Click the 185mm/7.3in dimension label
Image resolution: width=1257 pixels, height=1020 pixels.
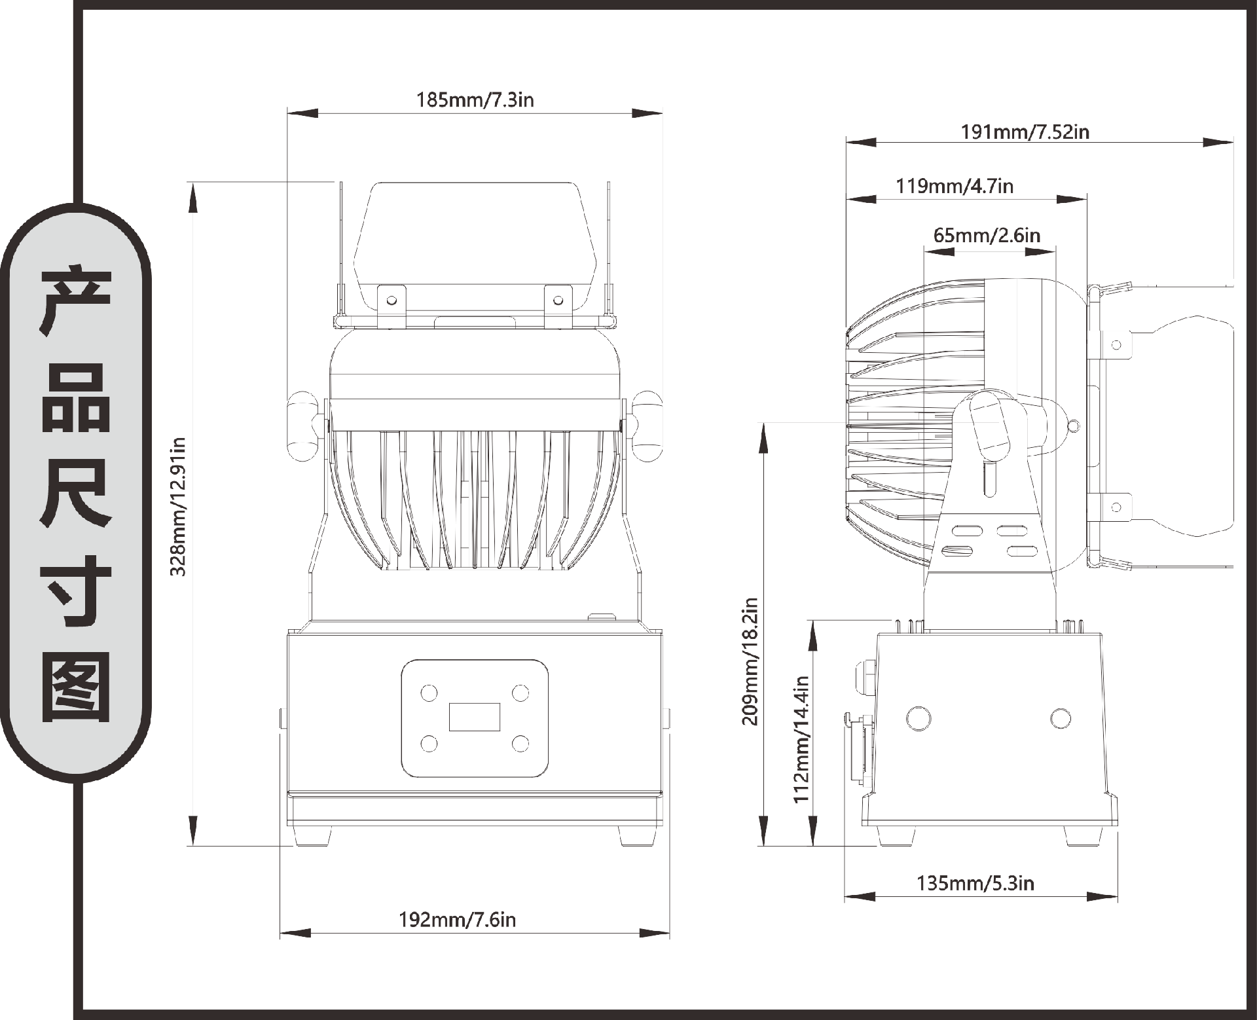(x=475, y=100)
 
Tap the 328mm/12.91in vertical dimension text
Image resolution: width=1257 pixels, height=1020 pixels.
(x=178, y=507)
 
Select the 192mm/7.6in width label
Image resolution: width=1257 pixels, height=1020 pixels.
(x=458, y=920)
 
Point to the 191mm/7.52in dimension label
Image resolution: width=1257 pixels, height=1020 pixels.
(x=1025, y=132)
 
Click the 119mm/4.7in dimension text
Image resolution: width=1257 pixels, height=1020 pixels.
(x=955, y=187)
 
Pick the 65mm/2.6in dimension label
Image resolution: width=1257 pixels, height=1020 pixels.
(x=987, y=235)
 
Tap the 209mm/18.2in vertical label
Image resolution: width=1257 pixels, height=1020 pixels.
(x=750, y=661)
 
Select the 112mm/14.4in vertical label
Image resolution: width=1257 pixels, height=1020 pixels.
(x=802, y=739)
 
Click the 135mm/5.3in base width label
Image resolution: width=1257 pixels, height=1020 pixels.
(x=975, y=884)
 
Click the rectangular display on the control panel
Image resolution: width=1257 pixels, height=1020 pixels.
(x=475, y=717)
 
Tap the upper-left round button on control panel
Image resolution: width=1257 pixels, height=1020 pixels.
(x=428, y=693)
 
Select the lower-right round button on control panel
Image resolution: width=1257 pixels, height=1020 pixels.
(x=520, y=743)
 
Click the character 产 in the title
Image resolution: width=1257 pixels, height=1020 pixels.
(x=76, y=301)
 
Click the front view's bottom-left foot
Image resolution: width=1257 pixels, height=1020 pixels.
(x=312, y=836)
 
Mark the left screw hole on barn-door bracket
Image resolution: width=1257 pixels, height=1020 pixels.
(x=392, y=301)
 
